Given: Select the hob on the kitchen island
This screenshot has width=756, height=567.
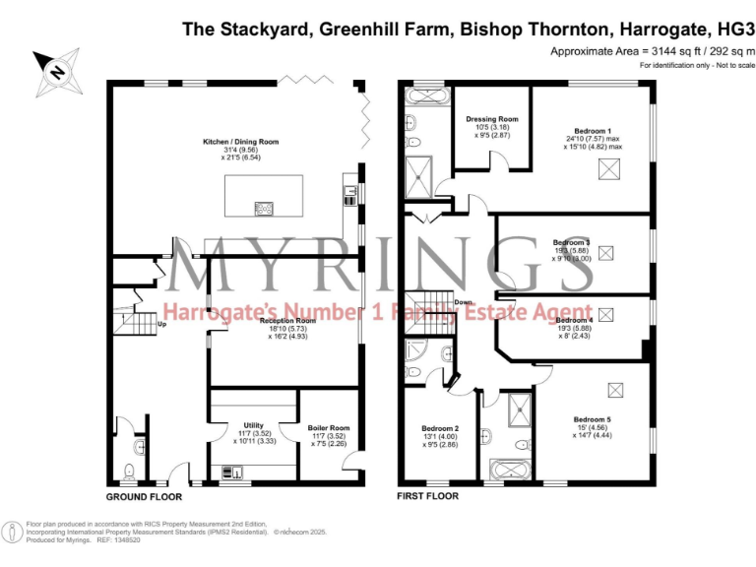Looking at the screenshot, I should tap(265, 207).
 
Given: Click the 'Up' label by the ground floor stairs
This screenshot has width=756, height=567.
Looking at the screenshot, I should tap(160, 323).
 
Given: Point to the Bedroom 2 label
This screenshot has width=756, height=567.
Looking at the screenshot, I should tap(441, 428).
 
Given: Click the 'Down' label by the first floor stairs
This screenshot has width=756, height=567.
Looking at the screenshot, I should tap(463, 302).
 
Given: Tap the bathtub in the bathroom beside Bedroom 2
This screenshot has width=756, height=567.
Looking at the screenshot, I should tap(507, 469).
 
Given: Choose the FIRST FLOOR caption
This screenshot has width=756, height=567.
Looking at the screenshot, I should tap(429, 498).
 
